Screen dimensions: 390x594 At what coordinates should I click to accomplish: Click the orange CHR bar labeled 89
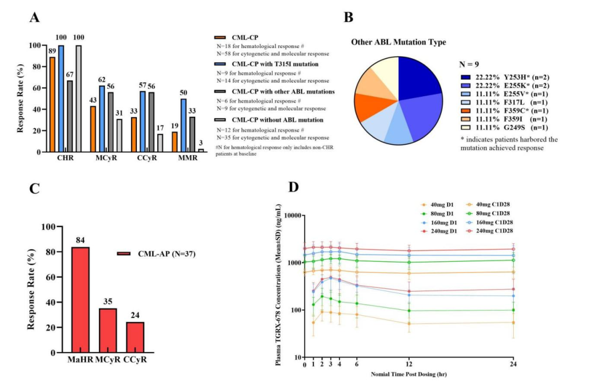tap(53, 104)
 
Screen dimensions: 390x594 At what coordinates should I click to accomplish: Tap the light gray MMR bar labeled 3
tap(201, 150)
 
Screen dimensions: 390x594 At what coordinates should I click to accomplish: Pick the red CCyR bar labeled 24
tap(135, 337)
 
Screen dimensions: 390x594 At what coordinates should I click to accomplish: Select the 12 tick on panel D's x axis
tap(409, 365)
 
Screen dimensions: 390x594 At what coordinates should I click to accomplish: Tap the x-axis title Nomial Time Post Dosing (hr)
tap(409, 375)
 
